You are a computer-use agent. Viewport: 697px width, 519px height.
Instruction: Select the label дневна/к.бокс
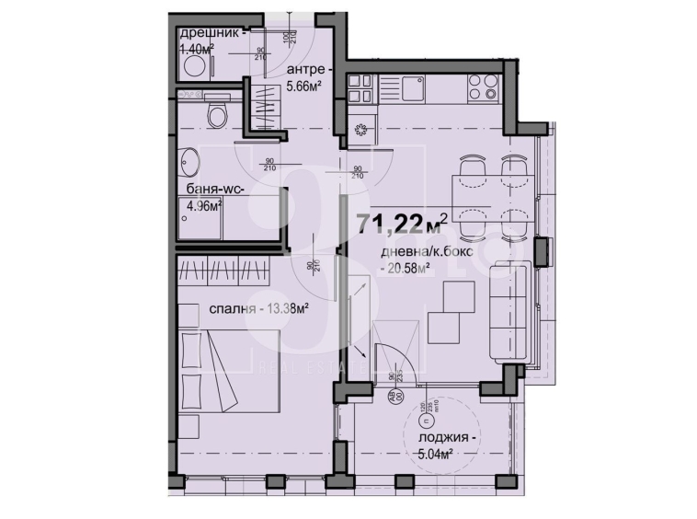(x=417, y=253)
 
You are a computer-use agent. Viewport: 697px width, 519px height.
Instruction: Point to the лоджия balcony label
(x=443, y=439)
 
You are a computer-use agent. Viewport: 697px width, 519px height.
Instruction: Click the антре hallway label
(x=304, y=70)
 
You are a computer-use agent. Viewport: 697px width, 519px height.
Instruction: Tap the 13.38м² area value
(x=284, y=308)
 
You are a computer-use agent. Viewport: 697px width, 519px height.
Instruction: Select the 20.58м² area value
(x=406, y=268)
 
